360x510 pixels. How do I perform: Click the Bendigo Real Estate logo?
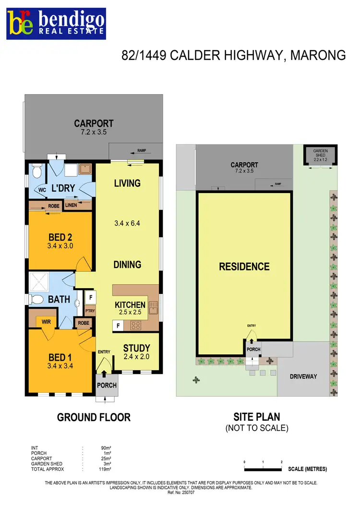56,24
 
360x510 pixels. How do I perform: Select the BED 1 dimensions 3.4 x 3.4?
60,365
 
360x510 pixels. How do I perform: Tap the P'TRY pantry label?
90,311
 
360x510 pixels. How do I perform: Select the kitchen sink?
153,306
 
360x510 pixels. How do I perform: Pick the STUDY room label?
137,348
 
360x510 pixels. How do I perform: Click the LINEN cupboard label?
71,205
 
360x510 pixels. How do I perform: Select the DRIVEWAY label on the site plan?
303,376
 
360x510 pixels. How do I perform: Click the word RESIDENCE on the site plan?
244,267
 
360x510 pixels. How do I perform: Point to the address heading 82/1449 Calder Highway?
233,55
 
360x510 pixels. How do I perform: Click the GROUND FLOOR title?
94,417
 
